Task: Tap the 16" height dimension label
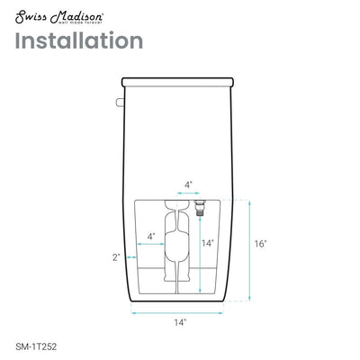pyautogui.click(x=261, y=243)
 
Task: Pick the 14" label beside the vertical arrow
pyautogui.click(x=207, y=243)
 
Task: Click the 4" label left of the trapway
pyautogui.click(x=150, y=237)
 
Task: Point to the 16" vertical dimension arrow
pyautogui.click(x=248, y=243)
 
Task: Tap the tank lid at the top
pyautogui.click(x=179, y=80)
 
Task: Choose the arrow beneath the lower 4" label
pyautogui.click(x=148, y=245)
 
